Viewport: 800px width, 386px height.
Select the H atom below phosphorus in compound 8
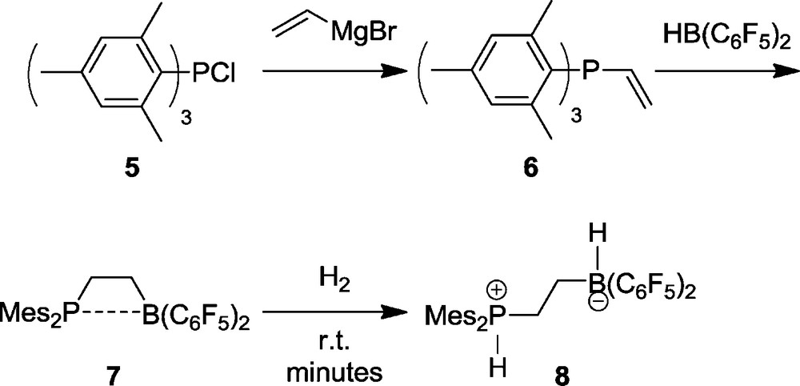pyautogui.click(x=498, y=368)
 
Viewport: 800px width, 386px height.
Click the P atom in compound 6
pyautogui.click(x=590, y=74)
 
